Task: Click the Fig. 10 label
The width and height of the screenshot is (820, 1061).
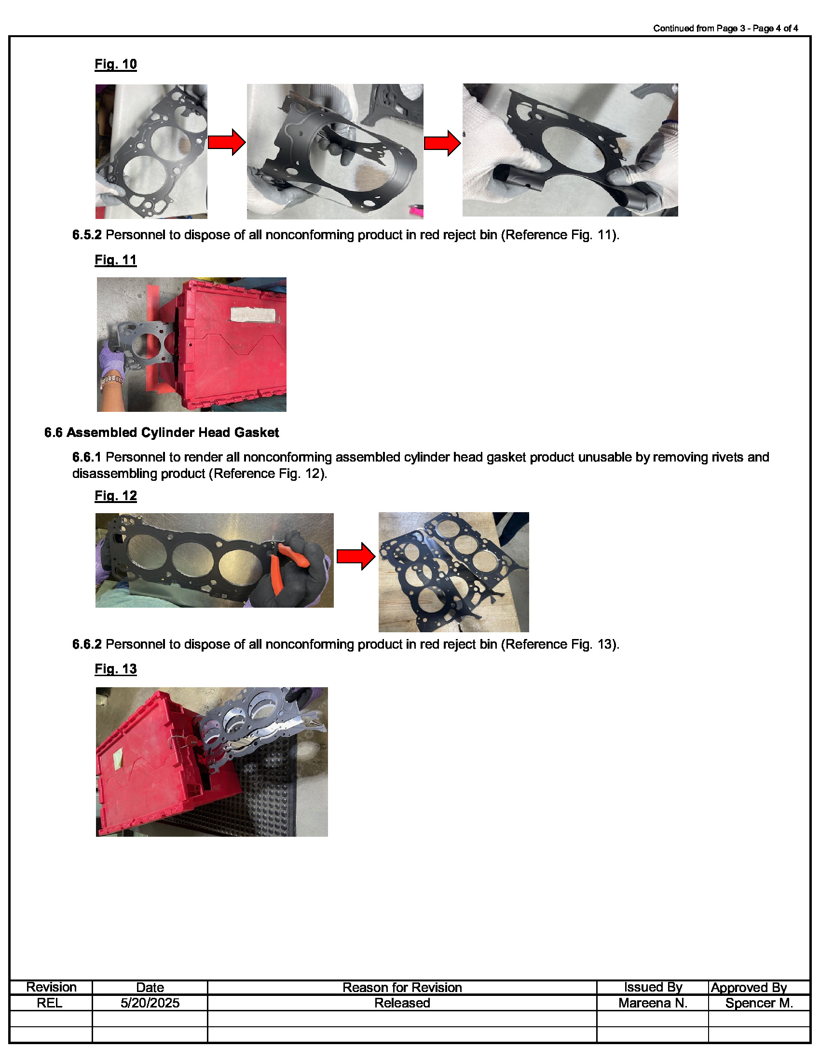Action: tap(116, 64)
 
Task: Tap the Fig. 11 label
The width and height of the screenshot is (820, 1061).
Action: tap(116, 260)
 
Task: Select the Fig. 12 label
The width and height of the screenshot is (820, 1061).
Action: tap(116, 495)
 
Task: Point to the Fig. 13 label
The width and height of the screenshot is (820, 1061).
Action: tap(116, 669)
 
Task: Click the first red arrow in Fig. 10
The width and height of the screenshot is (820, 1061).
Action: tap(226, 142)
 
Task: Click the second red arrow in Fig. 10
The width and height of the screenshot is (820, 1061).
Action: tap(442, 143)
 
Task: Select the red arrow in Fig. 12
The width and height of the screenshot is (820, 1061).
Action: tap(355, 557)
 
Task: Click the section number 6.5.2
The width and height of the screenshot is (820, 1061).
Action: tap(87, 235)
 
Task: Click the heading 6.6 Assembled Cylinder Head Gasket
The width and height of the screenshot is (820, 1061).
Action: tap(161, 433)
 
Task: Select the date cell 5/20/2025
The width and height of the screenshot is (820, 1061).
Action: tap(150, 1003)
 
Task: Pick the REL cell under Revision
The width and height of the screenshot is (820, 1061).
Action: tap(50, 1003)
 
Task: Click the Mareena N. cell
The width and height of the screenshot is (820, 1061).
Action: tap(653, 1003)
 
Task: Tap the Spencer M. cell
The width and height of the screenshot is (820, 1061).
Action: tap(759, 1003)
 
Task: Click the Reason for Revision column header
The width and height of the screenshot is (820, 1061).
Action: tap(402, 987)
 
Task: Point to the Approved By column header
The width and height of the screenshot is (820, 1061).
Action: tap(749, 987)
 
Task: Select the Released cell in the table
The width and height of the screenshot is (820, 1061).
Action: tap(402, 1003)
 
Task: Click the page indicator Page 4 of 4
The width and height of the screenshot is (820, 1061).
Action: tap(775, 28)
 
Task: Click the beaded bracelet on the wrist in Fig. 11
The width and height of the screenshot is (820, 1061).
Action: tap(111, 381)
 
